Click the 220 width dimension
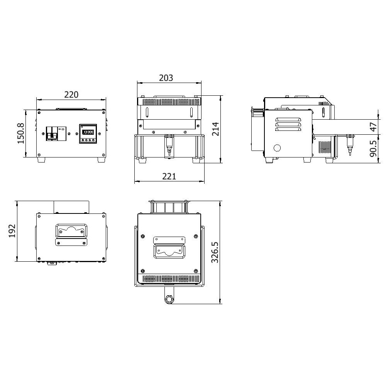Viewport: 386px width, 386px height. pos(71,95)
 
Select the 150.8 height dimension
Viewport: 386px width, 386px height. pos(21,134)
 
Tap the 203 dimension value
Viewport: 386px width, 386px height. pos(166,78)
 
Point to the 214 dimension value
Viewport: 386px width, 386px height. pos(215,129)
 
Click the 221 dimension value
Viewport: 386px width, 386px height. pos(169,176)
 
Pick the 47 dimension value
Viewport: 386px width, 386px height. pos(373,127)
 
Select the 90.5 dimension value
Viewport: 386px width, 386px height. pos(373,149)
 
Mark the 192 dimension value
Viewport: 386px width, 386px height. pos(12,231)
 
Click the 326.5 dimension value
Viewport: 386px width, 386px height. pos(215,252)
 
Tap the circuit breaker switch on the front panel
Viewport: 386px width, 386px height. pos(56,134)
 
